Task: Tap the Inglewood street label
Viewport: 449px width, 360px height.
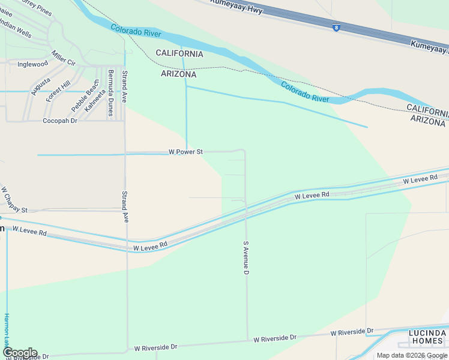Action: tap(32, 64)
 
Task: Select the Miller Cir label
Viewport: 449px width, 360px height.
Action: tap(64, 58)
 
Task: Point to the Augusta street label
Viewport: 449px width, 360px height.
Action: tap(40, 87)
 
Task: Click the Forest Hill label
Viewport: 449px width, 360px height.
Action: tap(58, 91)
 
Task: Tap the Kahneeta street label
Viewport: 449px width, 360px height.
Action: tap(95, 99)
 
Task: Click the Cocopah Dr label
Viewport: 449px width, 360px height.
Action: tap(60, 121)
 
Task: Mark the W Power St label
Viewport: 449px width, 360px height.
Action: tap(185, 152)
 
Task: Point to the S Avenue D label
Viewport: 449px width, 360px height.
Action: tap(246, 259)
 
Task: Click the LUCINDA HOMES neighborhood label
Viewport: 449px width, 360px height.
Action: tap(427, 337)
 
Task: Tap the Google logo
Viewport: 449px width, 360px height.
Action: tap(19, 353)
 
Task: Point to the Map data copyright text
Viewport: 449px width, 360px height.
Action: tap(412, 355)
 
